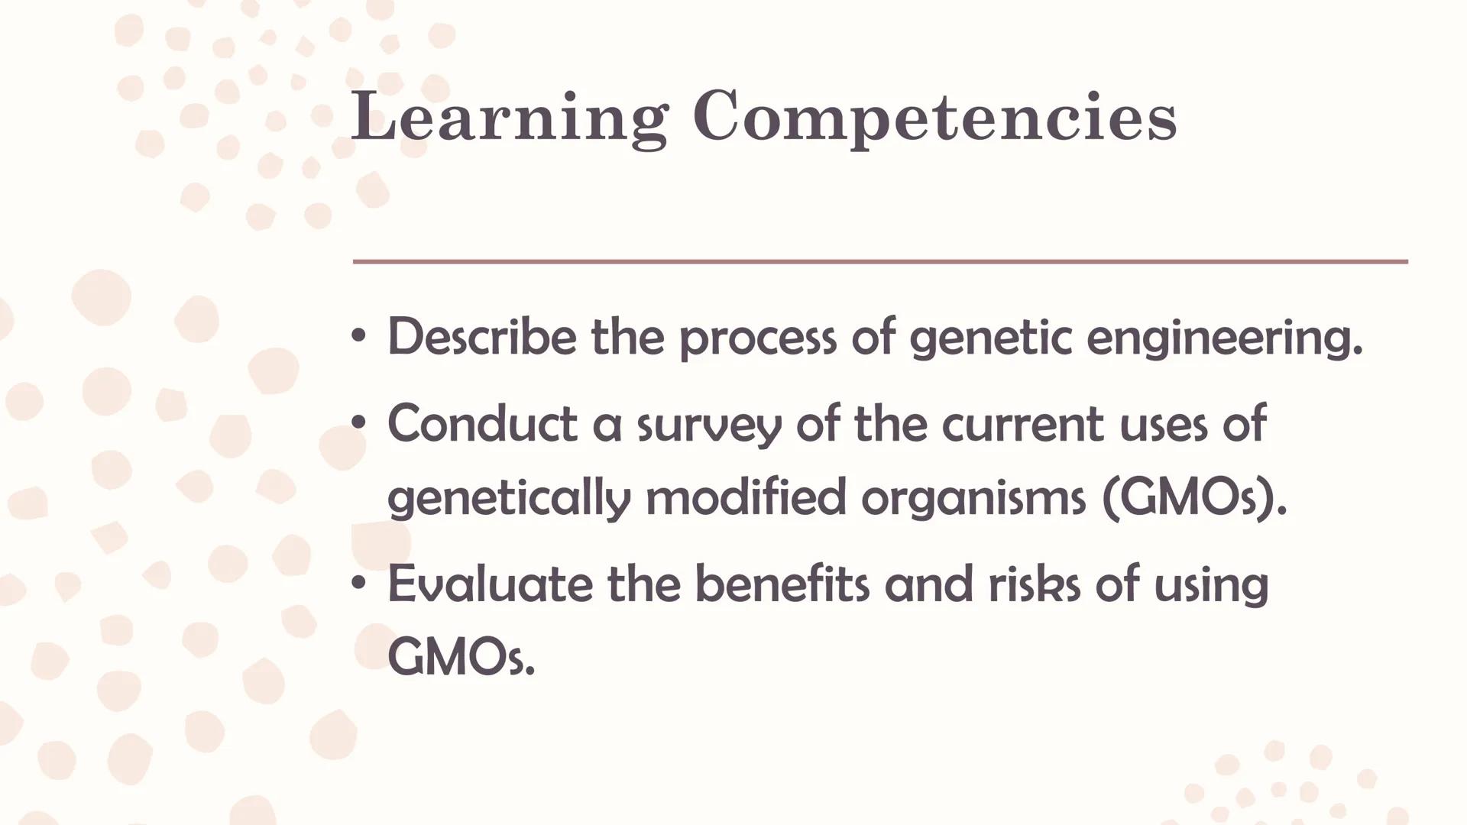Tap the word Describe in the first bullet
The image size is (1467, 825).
(481, 337)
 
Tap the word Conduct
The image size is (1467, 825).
(481, 424)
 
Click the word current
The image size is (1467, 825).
(1023, 424)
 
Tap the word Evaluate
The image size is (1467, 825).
(489, 584)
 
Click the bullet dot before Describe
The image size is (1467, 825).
(358, 336)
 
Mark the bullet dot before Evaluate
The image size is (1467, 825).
(358, 584)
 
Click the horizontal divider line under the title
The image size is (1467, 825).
(879, 261)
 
